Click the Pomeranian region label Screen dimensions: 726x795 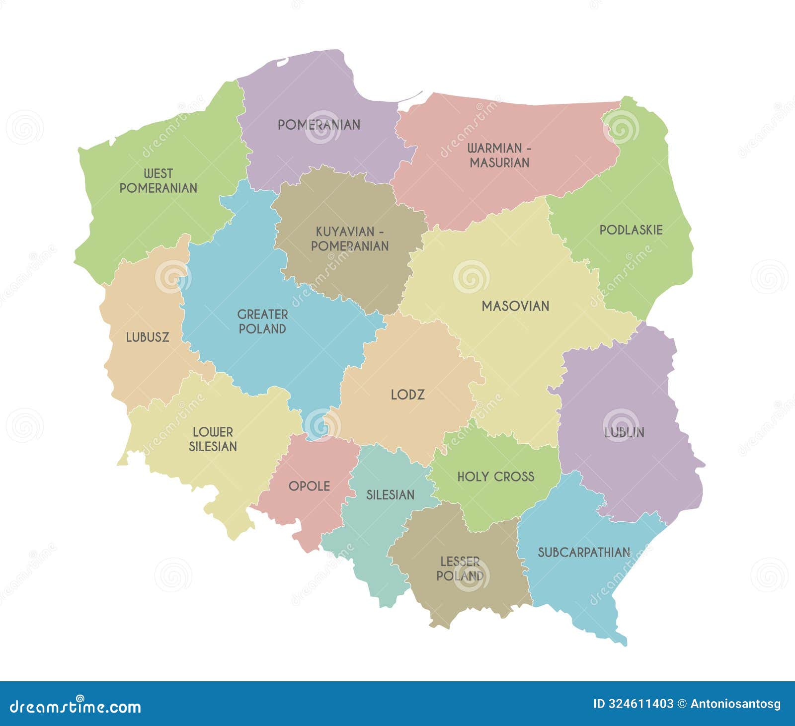tap(319, 125)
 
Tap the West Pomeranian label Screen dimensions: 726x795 tap(159, 181)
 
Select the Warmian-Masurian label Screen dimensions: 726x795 tap(499, 155)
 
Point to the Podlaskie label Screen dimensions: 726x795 tap(631, 230)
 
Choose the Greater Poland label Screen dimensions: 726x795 tap(262, 322)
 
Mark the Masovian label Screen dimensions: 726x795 tap(516, 306)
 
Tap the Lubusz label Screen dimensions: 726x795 tap(148, 337)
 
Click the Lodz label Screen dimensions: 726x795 tap(407, 395)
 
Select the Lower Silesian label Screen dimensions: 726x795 tap(213, 439)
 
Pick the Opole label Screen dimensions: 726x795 tap(309, 486)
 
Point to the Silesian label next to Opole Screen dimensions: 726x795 tap(391, 495)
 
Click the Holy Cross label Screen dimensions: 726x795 tap(496, 477)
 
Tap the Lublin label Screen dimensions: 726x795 tap(624, 432)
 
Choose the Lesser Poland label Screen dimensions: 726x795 tap(460, 569)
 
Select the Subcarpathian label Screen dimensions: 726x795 tap(584, 553)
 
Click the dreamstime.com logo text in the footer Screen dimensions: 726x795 tap(75, 706)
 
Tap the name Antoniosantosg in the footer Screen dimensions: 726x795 tap(735, 704)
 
